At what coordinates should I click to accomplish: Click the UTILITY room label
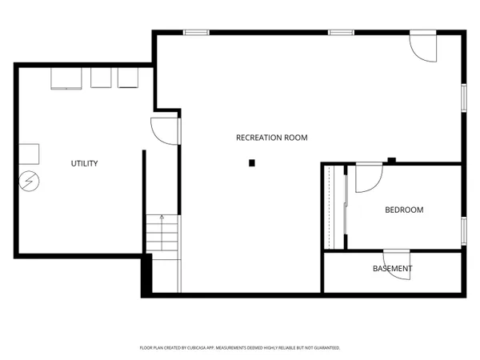pos(84,164)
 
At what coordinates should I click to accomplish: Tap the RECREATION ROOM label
pos(271,138)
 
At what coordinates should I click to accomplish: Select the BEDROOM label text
pos(404,210)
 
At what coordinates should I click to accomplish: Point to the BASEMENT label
pos(393,269)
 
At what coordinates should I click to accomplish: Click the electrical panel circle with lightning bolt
pos(29,181)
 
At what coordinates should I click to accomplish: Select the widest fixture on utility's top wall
pos(66,78)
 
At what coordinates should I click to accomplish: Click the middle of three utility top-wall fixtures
pos(101,78)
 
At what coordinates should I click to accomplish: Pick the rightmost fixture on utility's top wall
pos(128,78)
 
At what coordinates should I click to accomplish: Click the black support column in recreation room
pos(252,163)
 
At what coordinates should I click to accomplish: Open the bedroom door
pos(368,178)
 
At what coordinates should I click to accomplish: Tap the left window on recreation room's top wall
pos(196,32)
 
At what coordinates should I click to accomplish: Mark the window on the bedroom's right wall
pos(462,230)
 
